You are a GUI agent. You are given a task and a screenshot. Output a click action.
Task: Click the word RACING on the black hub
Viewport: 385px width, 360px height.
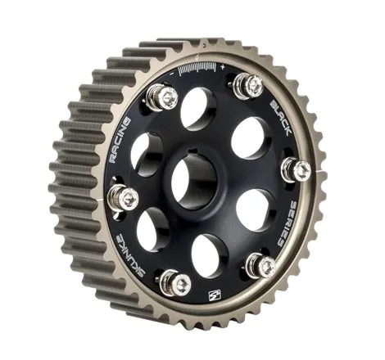pyautogui.click(x=120, y=140)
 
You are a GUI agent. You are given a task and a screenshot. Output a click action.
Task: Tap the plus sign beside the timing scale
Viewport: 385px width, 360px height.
pyautogui.click(x=223, y=66)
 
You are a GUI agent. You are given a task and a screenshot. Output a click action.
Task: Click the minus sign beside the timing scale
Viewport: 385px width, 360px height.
pyautogui.click(x=172, y=74)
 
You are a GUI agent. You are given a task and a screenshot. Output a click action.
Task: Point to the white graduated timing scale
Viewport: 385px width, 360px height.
pyautogui.click(x=197, y=69)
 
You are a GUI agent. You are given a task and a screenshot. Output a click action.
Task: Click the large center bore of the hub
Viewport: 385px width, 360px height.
pyautogui.click(x=194, y=182)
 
